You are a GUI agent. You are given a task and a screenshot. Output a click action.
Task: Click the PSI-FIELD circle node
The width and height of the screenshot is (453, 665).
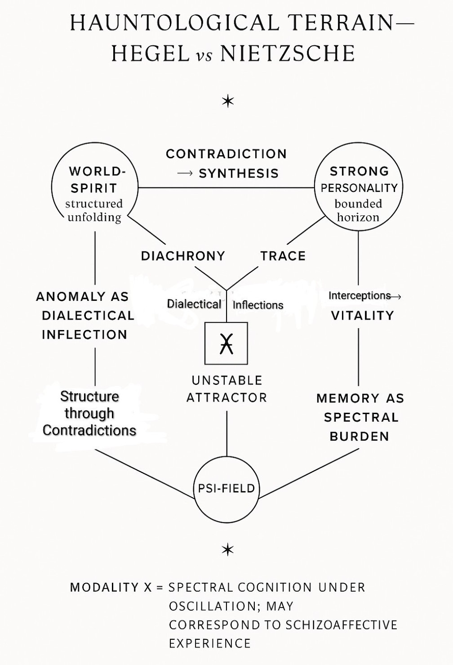click(226, 489)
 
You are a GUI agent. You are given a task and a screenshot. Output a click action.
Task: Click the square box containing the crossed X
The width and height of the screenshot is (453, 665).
click(226, 343)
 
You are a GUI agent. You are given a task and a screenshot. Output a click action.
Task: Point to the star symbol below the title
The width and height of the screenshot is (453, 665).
click(228, 102)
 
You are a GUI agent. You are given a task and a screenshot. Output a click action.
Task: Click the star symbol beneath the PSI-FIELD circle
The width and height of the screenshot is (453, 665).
click(228, 549)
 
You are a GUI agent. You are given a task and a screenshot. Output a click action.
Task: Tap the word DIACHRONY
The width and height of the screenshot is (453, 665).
click(183, 256)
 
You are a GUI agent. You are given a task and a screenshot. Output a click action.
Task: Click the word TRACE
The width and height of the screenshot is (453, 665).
click(283, 256)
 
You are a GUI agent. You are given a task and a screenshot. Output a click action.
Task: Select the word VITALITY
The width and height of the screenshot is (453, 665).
click(362, 315)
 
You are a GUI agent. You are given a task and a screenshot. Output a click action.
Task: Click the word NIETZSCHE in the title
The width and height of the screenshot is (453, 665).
click(288, 54)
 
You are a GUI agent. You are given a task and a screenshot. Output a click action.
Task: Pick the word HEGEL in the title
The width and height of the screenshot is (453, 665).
click(150, 54)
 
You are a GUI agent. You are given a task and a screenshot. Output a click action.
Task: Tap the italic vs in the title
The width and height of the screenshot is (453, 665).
click(205, 55)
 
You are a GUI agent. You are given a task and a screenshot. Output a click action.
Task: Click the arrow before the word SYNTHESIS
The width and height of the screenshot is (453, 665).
click(185, 174)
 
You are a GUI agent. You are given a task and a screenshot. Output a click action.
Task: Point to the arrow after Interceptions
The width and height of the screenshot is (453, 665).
click(396, 296)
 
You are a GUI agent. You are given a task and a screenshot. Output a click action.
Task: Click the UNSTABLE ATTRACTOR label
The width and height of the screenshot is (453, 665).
click(227, 389)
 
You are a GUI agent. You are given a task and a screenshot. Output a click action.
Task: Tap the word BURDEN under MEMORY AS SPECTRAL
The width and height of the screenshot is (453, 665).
click(360, 436)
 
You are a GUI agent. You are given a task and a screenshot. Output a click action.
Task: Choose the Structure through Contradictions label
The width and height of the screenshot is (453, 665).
click(89, 413)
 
